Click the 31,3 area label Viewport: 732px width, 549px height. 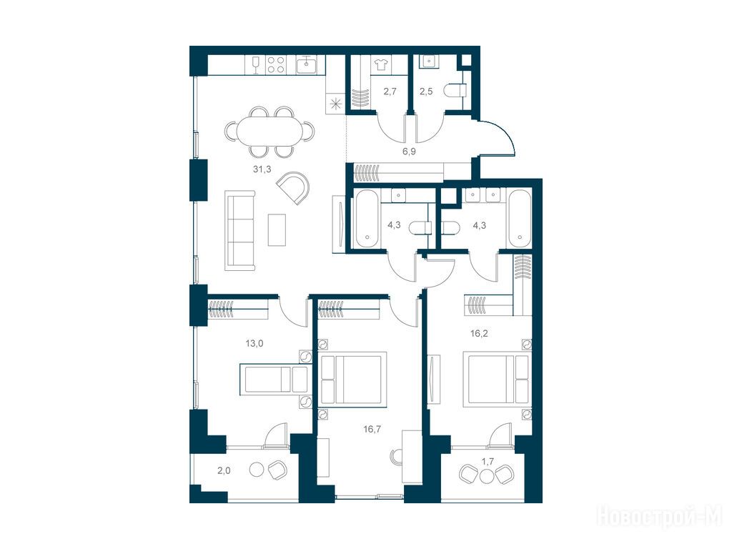(x=262, y=169)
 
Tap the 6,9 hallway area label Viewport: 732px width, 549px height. (x=409, y=152)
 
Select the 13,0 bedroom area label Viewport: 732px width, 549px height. (x=254, y=344)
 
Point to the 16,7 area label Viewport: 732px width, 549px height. (x=372, y=429)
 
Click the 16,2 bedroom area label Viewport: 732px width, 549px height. (x=479, y=333)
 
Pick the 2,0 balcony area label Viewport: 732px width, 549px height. (x=224, y=470)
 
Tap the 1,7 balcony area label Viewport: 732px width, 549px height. (x=488, y=463)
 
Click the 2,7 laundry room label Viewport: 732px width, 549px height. (x=390, y=91)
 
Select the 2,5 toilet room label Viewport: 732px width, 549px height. (x=426, y=91)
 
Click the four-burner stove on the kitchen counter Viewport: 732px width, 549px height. (x=275, y=65)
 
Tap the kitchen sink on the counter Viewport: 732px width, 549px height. (x=307, y=65)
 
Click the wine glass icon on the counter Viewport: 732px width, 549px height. (x=255, y=65)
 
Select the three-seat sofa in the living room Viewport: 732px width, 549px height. (x=240, y=230)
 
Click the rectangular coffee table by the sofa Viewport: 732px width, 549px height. (x=277, y=229)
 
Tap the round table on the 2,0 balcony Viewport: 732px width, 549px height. (x=257, y=469)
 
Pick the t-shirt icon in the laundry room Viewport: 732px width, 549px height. (x=380, y=65)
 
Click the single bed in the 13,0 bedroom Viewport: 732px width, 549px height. (x=274, y=379)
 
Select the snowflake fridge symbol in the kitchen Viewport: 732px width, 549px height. (x=335, y=104)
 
